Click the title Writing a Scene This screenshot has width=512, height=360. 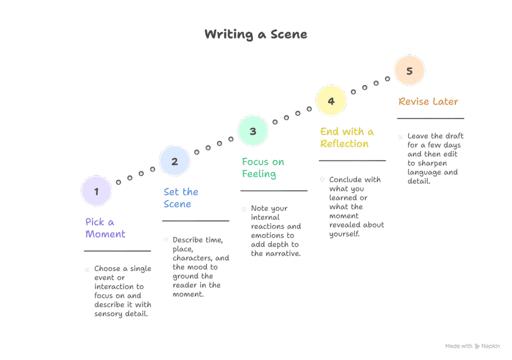click(255, 34)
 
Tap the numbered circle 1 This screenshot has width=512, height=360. click(96, 191)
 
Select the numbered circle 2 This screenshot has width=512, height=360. click(174, 161)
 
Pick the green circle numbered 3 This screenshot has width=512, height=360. click(253, 131)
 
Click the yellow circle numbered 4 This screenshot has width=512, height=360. click(331, 101)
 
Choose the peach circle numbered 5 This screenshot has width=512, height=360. click(409, 70)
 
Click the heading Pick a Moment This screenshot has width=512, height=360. click(105, 228)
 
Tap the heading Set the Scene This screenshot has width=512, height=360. click(180, 198)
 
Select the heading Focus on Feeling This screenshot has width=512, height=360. click(262, 168)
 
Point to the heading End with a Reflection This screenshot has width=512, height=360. click(346, 137)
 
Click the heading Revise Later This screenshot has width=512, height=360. click(428, 101)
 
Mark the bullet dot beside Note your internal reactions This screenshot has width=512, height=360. click(244, 209)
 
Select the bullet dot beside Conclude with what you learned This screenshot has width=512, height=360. click(322, 179)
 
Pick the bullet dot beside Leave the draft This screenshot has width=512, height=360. click(400, 136)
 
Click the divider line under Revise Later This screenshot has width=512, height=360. click(430, 118)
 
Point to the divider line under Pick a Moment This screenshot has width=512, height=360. click(117, 251)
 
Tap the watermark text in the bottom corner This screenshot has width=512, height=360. click(472, 346)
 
